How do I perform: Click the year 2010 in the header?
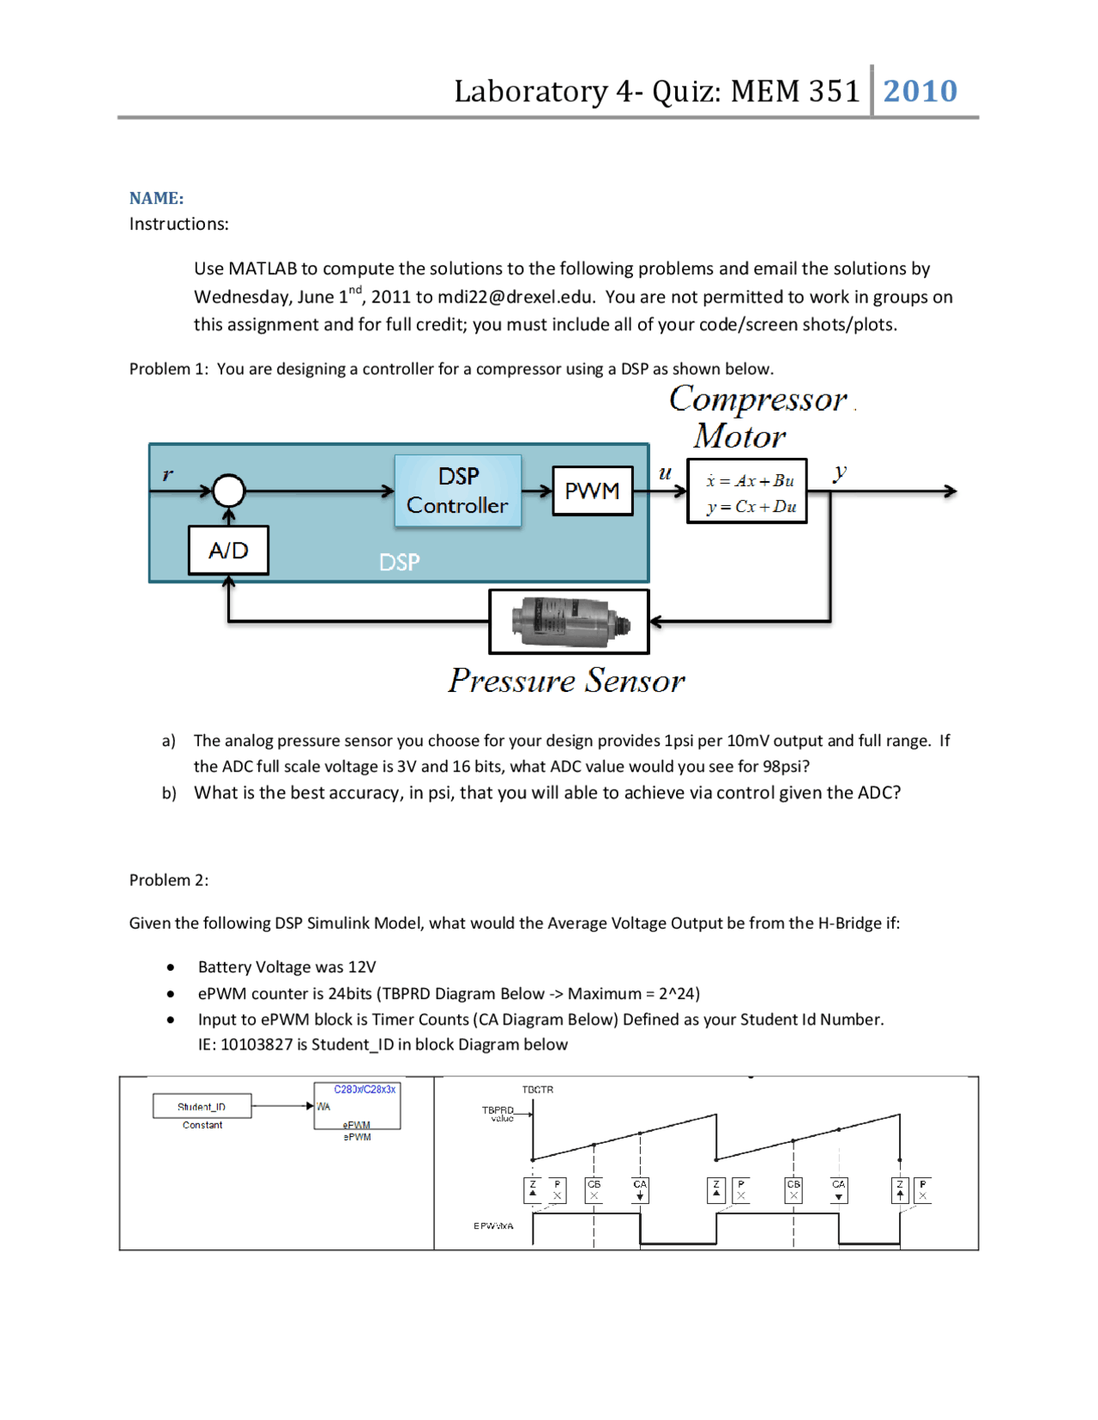pyautogui.click(x=920, y=91)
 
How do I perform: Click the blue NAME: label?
pyautogui.click(x=156, y=198)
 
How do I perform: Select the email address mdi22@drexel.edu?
pyautogui.click(x=515, y=297)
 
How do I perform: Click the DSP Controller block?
pyautogui.click(x=458, y=490)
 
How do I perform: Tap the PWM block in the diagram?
pyautogui.click(x=592, y=490)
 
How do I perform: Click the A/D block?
pyautogui.click(x=228, y=550)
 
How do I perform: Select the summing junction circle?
pyautogui.click(x=228, y=491)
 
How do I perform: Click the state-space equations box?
pyautogui.click(x=747, y=492)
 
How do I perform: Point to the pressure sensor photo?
pyautogui.click(x=570, y=621)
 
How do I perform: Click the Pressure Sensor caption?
pyautogui.click(x=566, y=681)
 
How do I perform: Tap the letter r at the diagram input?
pyautogui.click(x=167, y=474)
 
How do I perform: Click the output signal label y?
pyautogui.click(x=840, y=472)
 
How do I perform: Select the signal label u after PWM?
pyautogui.click(x=665, y=472)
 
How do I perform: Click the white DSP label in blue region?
pyautogui.click(x=400, y=562)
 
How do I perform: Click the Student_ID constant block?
pyautogui.click(x=202, y=1106)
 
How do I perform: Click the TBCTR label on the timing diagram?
pyautogui.click(x=537, y=1089)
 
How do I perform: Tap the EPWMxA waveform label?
pyautogui.click(x=493, y=1225)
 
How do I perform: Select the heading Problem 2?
pyautogui.click(x=169, y=880)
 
